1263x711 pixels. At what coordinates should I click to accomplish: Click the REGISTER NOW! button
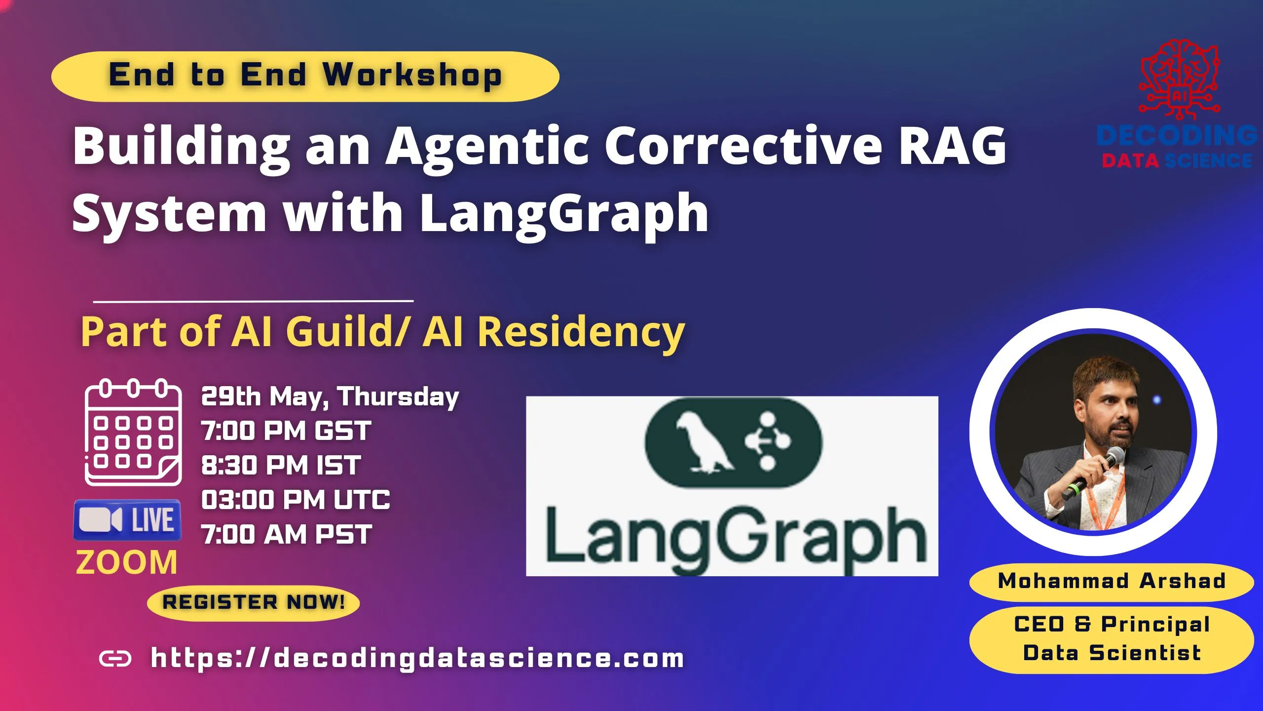(x=253, y=602)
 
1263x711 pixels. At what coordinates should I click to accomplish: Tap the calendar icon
(x=133, y=433)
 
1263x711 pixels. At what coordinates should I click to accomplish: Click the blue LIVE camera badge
(x=127, y=520)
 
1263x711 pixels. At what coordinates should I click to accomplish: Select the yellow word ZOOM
(x=126, y=562)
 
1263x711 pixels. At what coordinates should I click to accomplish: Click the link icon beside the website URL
(x=115, y=658)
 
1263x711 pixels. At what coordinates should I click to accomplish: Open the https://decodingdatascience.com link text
(x=417, y=658)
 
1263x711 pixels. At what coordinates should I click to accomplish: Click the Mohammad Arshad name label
(x=1112, y=581)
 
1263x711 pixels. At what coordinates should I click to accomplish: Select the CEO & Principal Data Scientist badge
(x=1112, y=639)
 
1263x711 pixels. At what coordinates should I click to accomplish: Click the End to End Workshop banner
(x=305, y=76)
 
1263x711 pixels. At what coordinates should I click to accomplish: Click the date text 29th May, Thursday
(x=330, y=396)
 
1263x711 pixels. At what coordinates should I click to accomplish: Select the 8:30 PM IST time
(x=281, y=466)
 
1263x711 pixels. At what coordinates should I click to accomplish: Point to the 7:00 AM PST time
(x=286, y=535)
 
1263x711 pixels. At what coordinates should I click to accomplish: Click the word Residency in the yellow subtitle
(x=581, y=332)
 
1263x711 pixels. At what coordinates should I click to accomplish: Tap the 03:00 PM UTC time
(x=296, y=500)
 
